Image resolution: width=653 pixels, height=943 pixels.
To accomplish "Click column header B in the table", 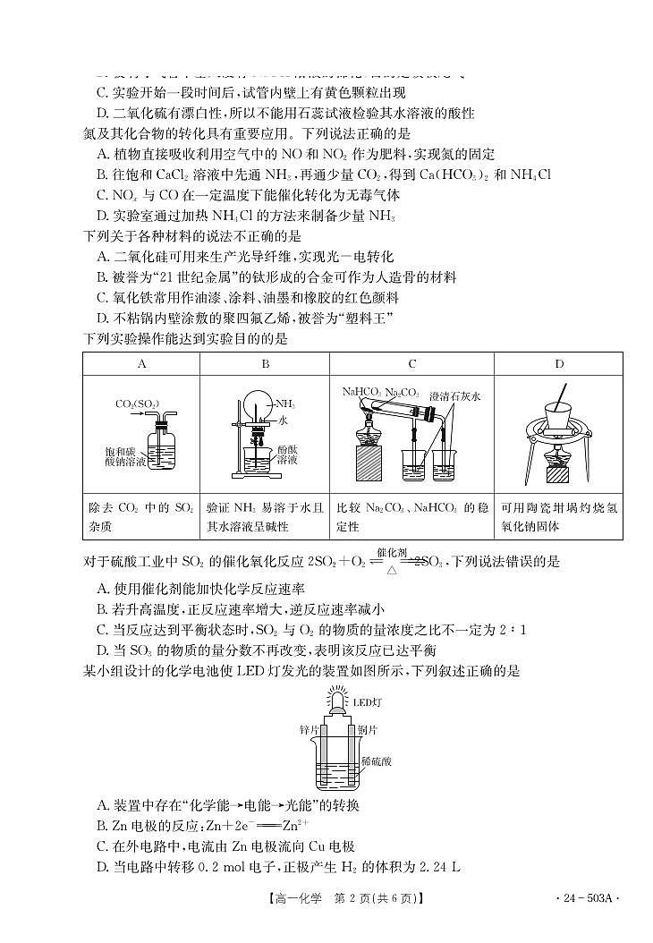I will [x=265, y=364].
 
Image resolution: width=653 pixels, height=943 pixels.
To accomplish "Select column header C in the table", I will [x=411, y=364].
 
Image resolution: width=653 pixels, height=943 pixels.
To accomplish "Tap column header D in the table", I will [x=559, y=364].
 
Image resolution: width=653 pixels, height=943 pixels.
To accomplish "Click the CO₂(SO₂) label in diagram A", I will [x=137, y=404].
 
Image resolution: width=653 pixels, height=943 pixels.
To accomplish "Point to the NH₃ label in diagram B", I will [x=286, y=404].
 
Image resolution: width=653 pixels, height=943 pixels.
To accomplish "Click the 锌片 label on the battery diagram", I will [x=310, y=729].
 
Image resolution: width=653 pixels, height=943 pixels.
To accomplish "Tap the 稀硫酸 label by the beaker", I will [x=376, y=761].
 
